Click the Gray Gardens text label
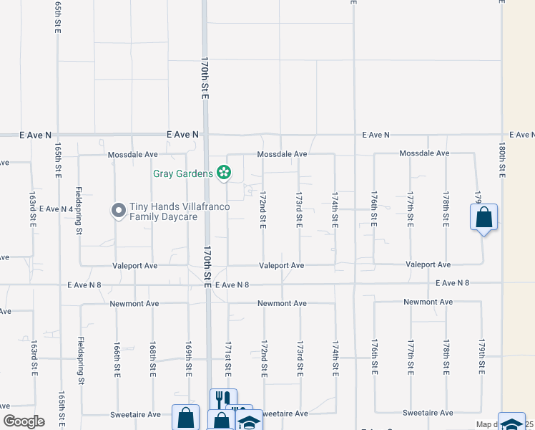click(x=183, y=173)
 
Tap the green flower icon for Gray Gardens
click(x=224, y=172)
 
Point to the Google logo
click(x=24, y=421)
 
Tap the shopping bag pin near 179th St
click(x=484, y=217)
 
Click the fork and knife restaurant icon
click(x=222, y=399)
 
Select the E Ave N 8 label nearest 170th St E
click(x=232, y=285)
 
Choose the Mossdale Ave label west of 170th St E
click(x=132, y=154)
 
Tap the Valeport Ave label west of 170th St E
click(x=134, y=265)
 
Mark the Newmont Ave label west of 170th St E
click(x=134, y=304)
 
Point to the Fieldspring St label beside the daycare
click(x=79, y=211)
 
